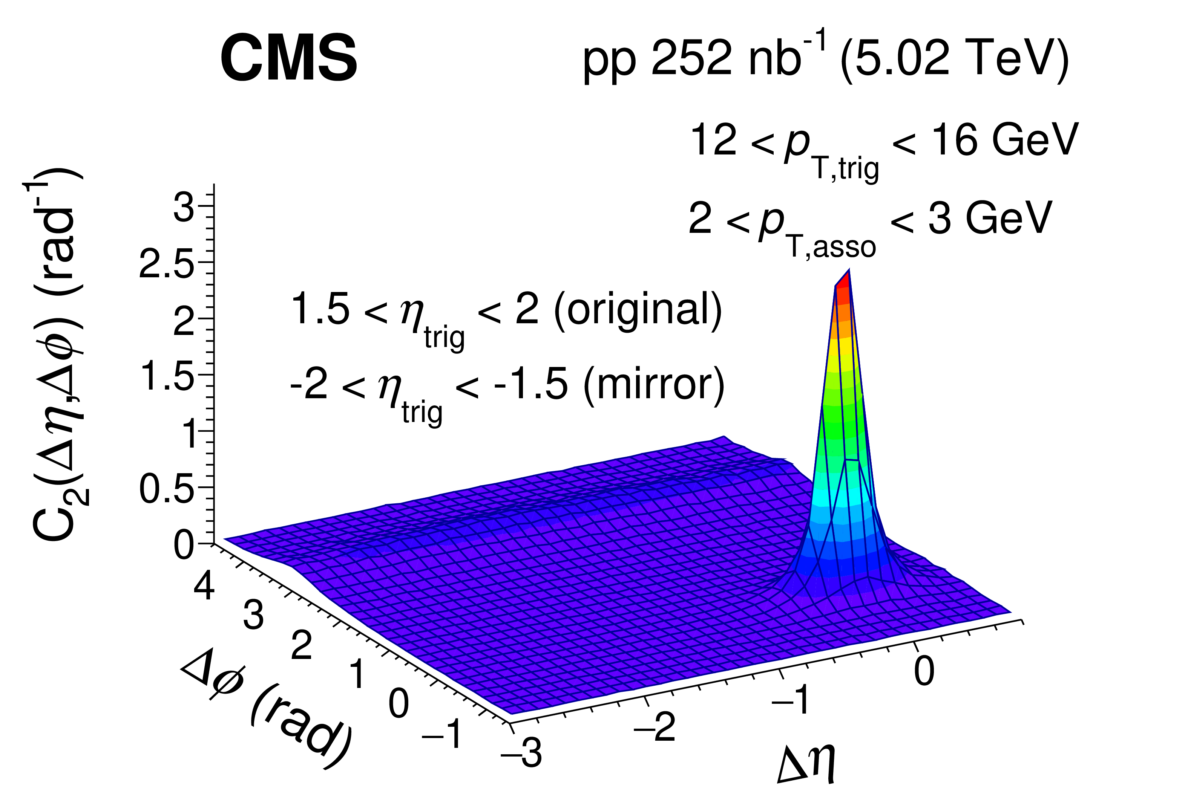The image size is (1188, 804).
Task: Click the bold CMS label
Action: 288,58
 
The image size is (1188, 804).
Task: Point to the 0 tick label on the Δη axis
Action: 924,671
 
